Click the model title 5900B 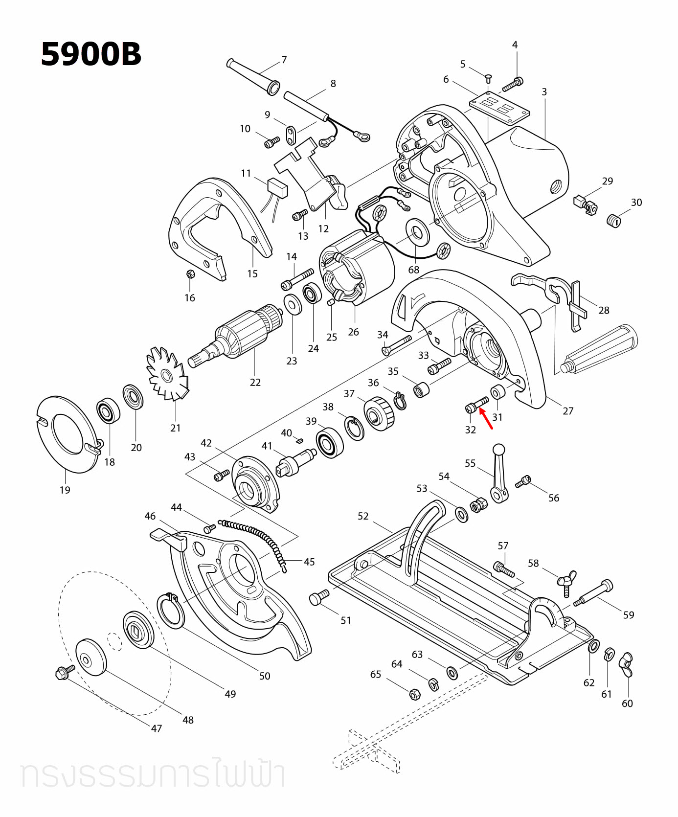click(91, 54)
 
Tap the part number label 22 click(255, 382)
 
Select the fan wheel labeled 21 click(167, 375)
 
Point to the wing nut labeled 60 click(626, 664)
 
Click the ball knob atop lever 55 click(498, 449)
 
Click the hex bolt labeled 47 click(64, 673)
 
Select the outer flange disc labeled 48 click(90, 657)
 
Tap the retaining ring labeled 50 click(170, 610)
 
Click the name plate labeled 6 click(499, 108)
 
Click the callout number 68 click(414, 270)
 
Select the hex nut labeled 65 click(413, 693)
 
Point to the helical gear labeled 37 click(378, 413)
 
